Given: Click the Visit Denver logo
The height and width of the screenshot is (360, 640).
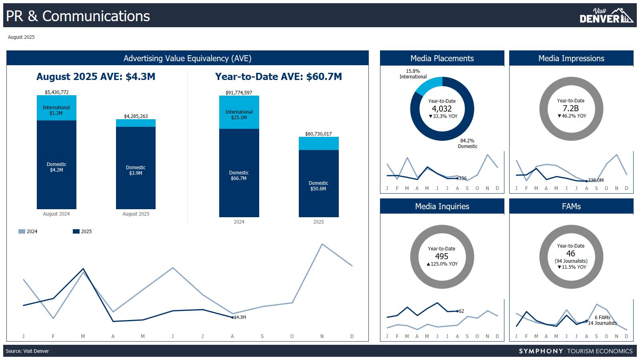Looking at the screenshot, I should [x=606, y=16].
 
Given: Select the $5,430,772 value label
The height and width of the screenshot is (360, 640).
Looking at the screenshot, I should [x=56, y=92].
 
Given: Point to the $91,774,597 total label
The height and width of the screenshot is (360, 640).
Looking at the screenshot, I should [x=239, y=93].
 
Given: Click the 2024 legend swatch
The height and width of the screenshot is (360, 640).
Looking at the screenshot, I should [x=22, y=232].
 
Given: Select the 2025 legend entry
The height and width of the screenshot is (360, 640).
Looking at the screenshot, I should [x=82, y=232].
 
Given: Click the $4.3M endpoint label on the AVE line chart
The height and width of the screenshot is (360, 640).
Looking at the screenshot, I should [x=240, y=317].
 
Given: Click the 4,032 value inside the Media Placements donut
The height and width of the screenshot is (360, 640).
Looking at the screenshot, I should [x=442, y=109].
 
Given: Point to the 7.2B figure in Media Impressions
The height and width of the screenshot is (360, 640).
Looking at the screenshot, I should [x=571, y=108].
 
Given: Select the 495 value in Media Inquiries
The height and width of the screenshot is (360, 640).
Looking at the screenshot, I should [x=442, y=256].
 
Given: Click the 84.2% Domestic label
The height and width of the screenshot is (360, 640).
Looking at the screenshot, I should [x=467, y=144].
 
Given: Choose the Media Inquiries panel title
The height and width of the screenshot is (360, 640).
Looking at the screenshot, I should [x=442, y=206].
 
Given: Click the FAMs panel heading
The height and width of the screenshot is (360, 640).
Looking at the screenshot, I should [x=571, y=206].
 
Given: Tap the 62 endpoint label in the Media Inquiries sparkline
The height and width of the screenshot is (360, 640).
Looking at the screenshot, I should [x=461, y=311].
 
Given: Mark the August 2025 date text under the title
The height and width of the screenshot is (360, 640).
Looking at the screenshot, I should [x=21, y=37].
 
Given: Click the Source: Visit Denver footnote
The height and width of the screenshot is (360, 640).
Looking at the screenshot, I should [x=27, y=351].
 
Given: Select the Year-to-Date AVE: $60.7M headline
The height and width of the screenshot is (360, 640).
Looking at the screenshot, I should [x=278, y=77].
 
